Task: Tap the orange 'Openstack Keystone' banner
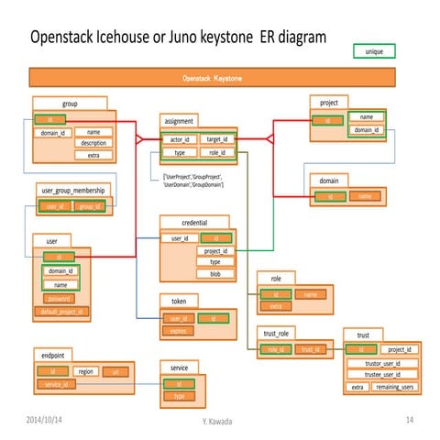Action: (213, 79)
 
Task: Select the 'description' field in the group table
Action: (93, 143)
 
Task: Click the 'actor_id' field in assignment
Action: (181, 139)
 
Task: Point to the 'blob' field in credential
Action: (214, 274)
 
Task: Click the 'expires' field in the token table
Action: (177, 331)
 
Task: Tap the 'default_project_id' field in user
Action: (63, 312)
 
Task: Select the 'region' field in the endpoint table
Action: (86, 371)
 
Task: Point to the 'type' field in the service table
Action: (180, 396)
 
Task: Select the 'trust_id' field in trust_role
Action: (310, 349)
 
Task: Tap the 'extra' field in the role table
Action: (275, 306)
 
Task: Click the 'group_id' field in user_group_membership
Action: (89, 207)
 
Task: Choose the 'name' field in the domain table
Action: (365, 196)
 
